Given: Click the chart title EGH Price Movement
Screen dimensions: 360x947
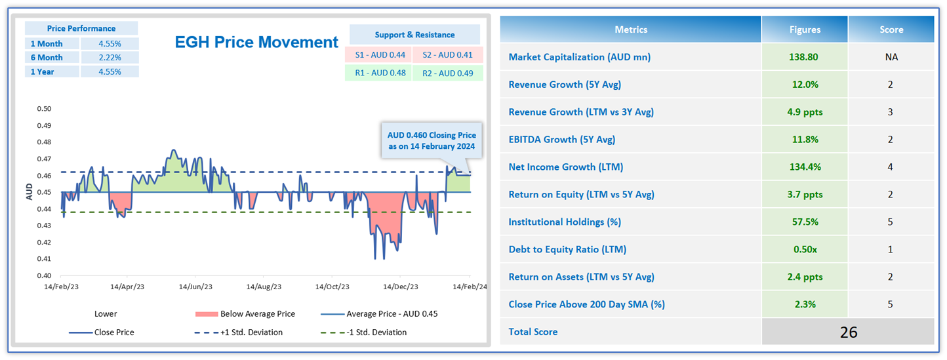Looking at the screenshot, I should tap(256, 43).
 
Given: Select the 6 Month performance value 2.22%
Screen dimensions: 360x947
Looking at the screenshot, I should tap(109, 58).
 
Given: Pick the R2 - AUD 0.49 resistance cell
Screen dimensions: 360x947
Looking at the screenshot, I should tap(448, 73).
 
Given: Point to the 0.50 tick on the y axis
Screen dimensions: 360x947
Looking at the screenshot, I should tap(44, 109).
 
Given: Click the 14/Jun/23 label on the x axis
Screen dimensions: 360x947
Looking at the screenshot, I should tap(195, 287).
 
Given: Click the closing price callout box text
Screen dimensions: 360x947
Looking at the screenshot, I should tap(431, 140).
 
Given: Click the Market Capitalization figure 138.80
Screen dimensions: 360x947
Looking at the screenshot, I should tap(804, 57).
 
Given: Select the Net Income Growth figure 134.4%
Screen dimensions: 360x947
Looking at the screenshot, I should tap(804, 167).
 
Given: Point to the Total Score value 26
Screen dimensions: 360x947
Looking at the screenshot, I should tap(848, 332).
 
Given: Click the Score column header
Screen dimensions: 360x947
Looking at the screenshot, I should tap(891, 30).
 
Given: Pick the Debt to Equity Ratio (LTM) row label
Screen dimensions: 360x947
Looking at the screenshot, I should tap(567, 249).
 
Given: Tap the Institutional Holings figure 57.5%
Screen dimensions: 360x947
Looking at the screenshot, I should tap(804, 222).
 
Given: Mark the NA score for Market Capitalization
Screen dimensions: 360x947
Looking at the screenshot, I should tap(891, 57).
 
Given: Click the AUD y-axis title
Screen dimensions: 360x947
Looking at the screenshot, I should tap(29, 191).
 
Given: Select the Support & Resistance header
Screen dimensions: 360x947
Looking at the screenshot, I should tap(414, 35).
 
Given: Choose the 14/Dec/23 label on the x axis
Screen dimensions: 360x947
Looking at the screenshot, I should tap(401, 287).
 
